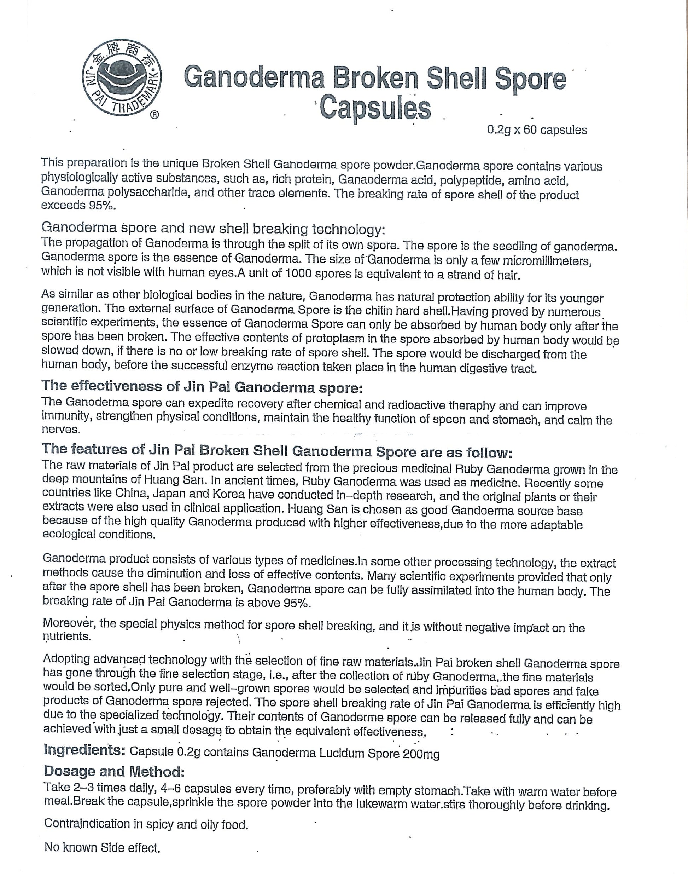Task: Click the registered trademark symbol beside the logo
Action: (155, 115)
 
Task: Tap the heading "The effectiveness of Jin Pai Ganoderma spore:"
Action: (202, 386)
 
